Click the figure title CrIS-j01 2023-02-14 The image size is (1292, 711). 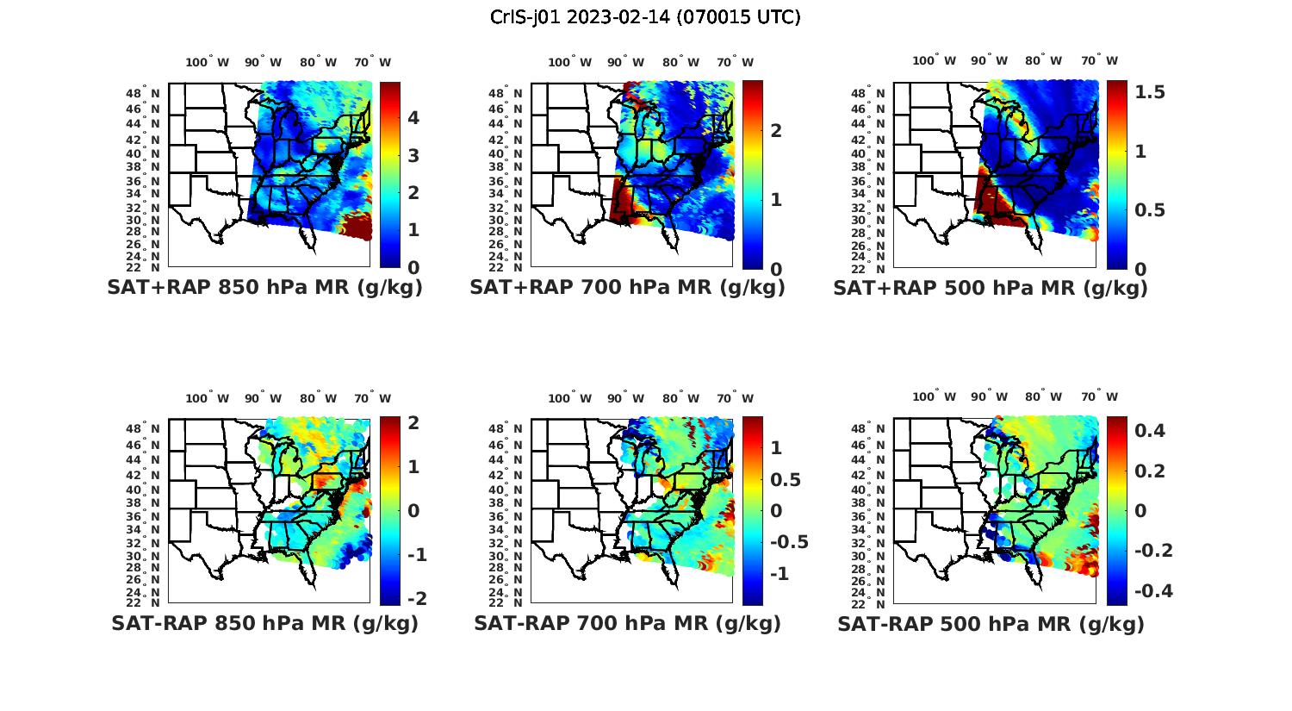tap(645, 16)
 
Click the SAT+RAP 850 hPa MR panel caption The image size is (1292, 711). tap(264, 288)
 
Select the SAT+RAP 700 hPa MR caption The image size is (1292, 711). tap(627, 288)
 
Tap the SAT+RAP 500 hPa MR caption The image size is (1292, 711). tap(990, 288)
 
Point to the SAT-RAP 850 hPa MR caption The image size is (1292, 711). tap(264, 623)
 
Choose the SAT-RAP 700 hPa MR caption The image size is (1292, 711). tap(627, 623)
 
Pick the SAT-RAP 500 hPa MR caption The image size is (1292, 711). tap(991, 623)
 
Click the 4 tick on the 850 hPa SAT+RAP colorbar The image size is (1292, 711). tap(413, 117)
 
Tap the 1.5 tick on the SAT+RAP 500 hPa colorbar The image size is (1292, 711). tap(1150, 92)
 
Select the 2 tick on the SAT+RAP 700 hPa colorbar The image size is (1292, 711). tap(776, 130)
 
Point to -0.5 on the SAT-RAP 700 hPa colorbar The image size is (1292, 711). tap(788, 542)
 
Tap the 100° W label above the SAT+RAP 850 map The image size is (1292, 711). tap(208, 62)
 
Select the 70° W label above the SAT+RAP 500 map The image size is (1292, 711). tap(1100, 60)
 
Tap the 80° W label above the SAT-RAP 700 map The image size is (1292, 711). tap(680, 398)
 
